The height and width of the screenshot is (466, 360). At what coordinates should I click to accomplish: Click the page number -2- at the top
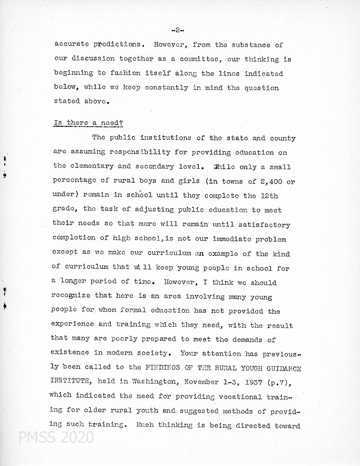(177, 30)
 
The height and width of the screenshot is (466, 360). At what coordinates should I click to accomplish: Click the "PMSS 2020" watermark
(56, 438)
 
